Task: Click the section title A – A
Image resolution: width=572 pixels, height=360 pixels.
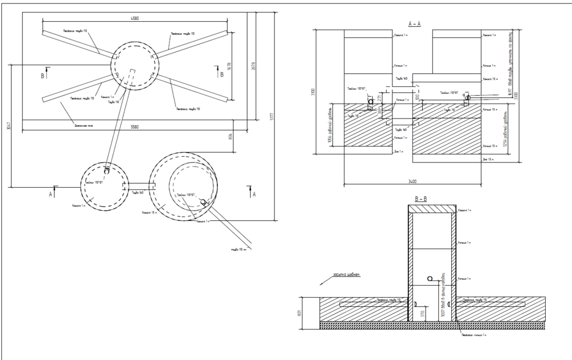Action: coord(415,24)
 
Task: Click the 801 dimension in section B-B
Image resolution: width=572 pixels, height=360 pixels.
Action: coord(299,313)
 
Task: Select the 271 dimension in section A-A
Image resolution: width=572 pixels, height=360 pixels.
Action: coord(378,98)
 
